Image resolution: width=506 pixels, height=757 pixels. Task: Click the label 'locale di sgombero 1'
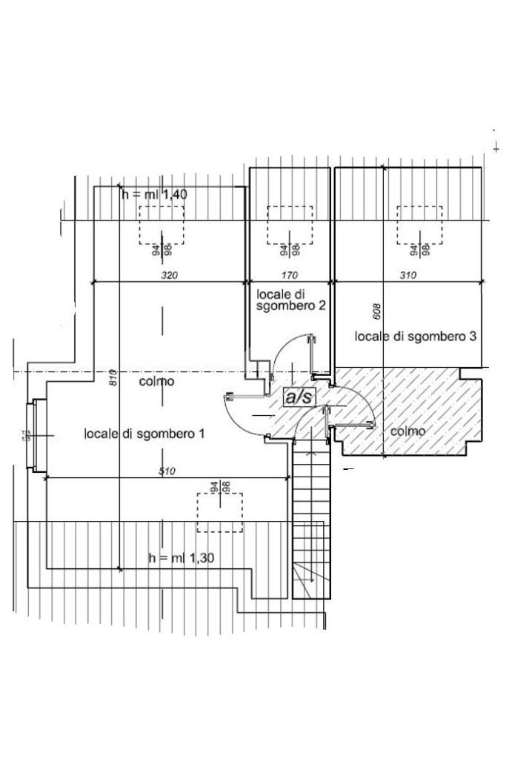(144, 433)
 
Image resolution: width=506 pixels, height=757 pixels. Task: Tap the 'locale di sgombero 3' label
(415, 337)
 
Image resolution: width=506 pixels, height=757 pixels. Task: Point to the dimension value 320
(170, 275)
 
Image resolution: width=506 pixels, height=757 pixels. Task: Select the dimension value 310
(408, 275)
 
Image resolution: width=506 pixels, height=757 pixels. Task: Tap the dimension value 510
(166, 472)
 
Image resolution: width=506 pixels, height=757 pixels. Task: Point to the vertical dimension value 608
(376, 312)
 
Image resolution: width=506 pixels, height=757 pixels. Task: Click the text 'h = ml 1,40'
(155, 194)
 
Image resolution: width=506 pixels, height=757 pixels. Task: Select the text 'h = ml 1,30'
(182, 558)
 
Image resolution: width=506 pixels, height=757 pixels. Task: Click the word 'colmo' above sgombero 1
(157, 382)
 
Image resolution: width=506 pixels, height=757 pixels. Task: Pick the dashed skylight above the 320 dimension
(162, 225)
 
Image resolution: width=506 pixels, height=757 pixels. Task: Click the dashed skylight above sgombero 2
(290, 225)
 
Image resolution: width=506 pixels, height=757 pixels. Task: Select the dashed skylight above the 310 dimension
(419, 225)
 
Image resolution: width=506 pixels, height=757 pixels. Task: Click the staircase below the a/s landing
(309, 518)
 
